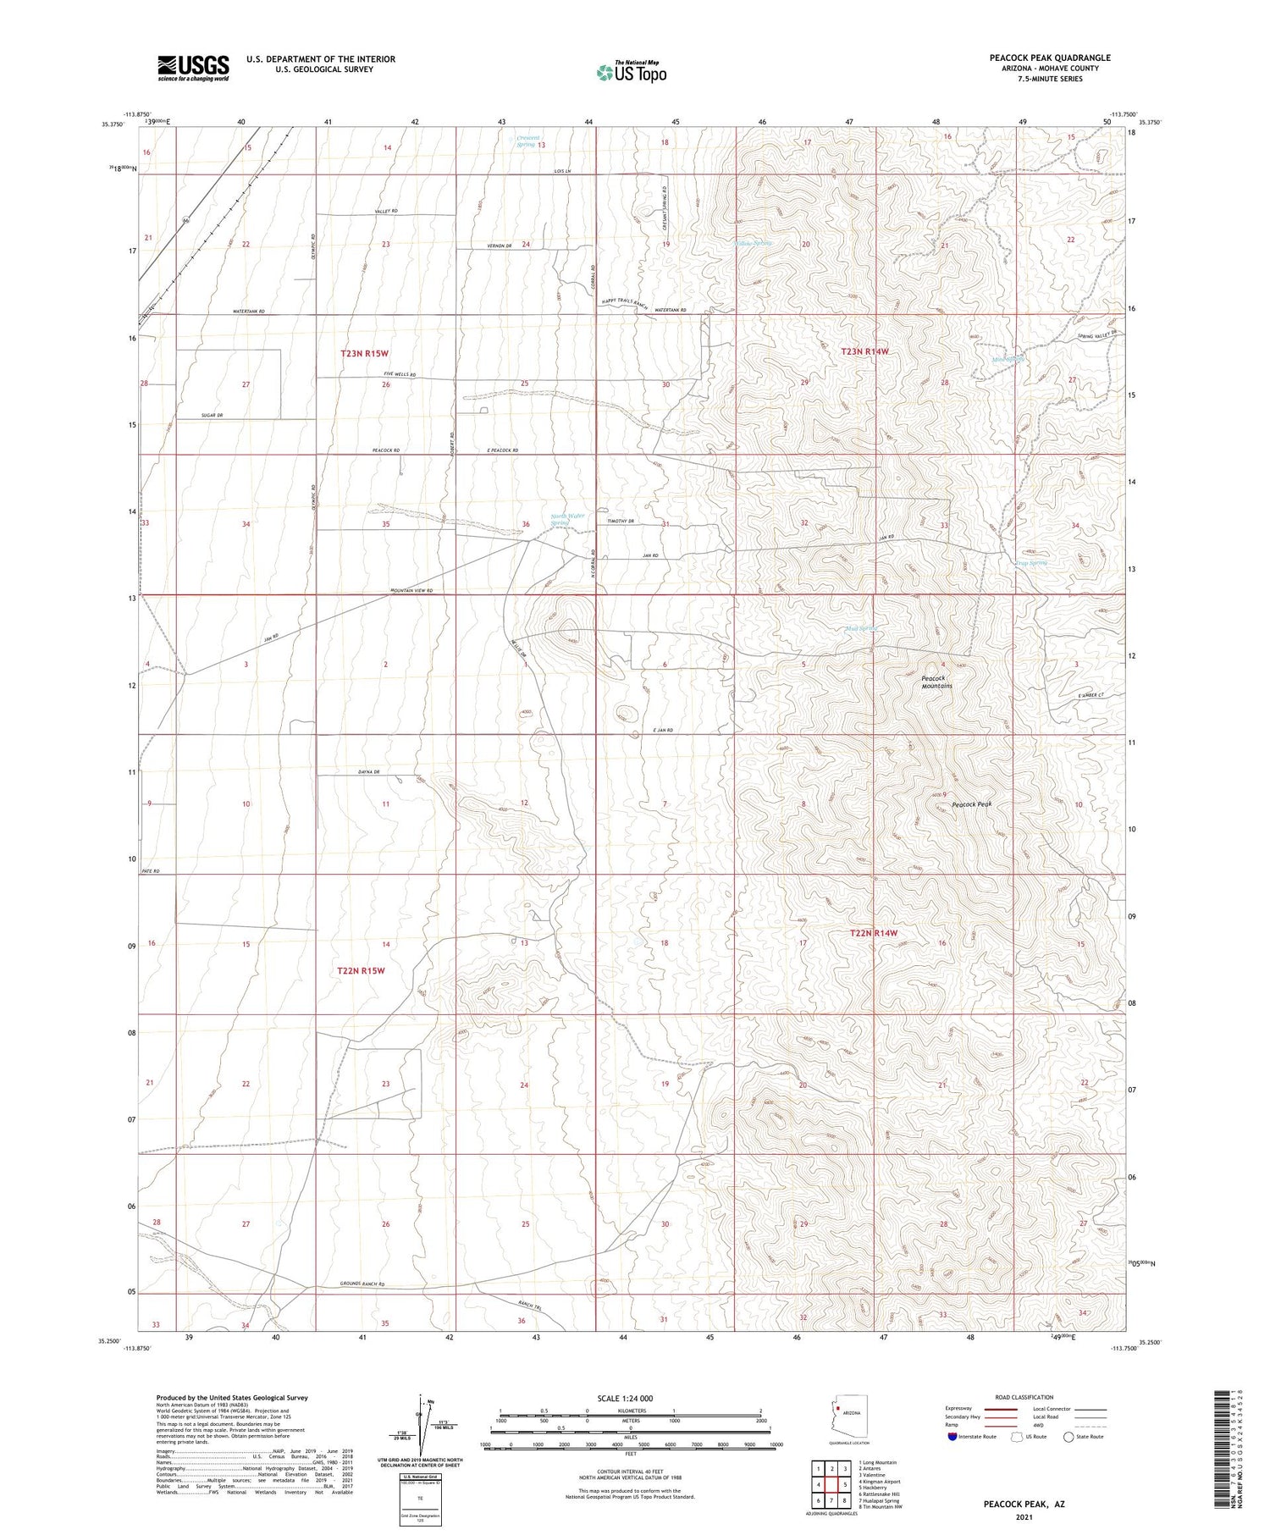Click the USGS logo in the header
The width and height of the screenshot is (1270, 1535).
tap(193, 68)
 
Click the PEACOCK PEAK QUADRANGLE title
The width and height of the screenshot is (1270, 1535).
tap(1050, 58)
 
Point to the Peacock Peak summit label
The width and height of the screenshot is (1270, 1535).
tap(971, 804)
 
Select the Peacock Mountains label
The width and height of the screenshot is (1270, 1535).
tap(936, 682)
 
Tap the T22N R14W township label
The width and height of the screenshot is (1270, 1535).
tap(873, 933)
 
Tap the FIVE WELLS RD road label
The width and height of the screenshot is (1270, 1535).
tap(400, 374)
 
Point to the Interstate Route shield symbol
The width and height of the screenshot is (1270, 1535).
tap(952, 1437)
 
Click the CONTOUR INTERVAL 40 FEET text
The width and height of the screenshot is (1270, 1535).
tap(630, 1472)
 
